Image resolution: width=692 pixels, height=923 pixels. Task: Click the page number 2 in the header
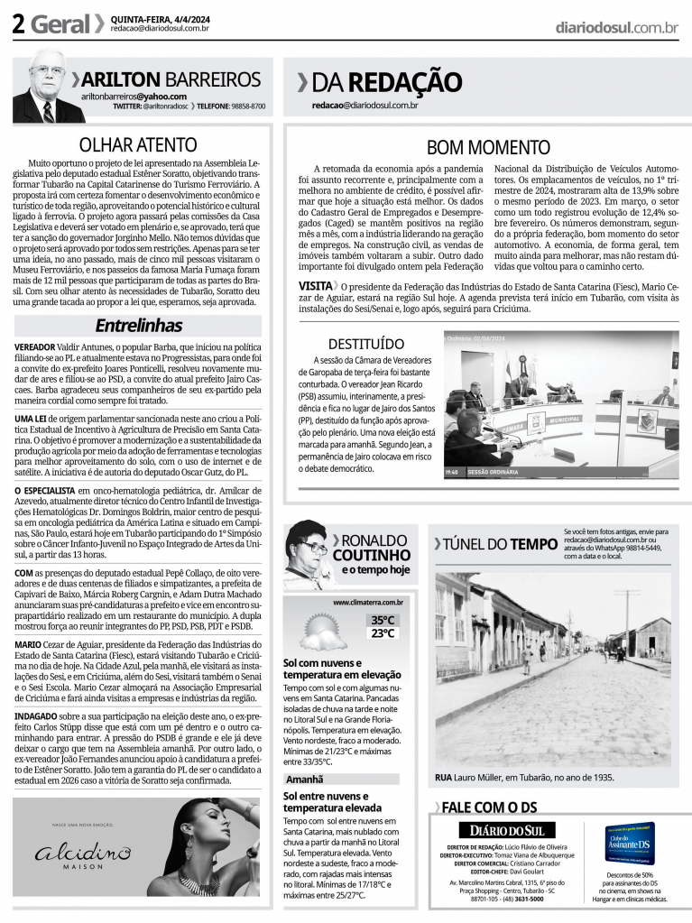[17, 24]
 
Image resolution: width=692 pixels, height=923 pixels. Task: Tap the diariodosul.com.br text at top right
[616, 28]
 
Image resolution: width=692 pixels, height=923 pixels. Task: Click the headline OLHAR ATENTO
[137, 145]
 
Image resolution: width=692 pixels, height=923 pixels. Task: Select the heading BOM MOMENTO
[487, 147]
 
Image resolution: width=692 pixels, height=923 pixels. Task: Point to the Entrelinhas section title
[138, 325]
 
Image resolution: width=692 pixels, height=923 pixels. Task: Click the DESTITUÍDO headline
[365, 344]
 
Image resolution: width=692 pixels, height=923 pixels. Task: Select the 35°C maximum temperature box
[383, 620]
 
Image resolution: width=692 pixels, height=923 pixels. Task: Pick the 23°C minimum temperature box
[383, 633]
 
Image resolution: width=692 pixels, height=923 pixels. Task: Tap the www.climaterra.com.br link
[367, 602]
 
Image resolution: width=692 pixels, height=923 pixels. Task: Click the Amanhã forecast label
[305, 779]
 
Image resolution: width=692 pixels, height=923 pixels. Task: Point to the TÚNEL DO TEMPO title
[495, 543]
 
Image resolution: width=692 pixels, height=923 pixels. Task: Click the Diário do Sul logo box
[506, 830]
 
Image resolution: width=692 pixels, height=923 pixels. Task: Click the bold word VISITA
[315, 285]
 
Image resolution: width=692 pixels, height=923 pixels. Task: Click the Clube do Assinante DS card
[629, 845]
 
